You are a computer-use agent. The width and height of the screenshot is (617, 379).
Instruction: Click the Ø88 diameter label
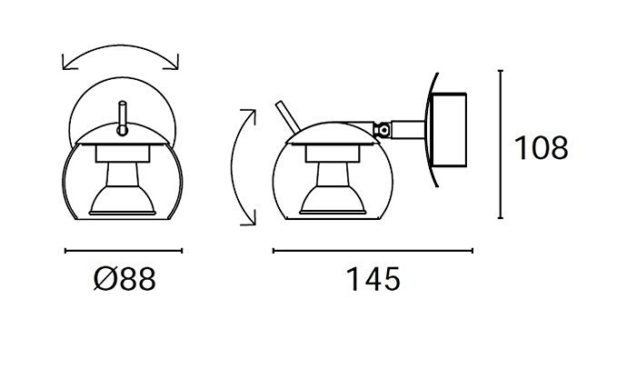pyautogui.click(x=124, y=279)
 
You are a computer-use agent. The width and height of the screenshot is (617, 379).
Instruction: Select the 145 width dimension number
pyautogui.click(x=373, y=279)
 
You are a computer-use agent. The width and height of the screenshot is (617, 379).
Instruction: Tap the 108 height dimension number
pyautogui.click(x=541, y=147)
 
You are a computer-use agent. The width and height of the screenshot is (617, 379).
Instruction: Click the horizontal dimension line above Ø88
pyautogui.click(x=124, y=250)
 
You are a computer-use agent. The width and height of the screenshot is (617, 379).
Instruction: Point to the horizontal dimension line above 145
pyautogui.click(x=373, y=250)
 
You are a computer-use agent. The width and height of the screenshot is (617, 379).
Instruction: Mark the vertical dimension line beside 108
pyautogui.click(x=501, y=144)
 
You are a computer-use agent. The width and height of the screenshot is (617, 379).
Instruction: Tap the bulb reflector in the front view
pyautogui.click(x=123, y=200)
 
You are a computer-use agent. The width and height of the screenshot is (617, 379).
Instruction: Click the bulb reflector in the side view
pyautogui.click(x=333, y=200)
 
